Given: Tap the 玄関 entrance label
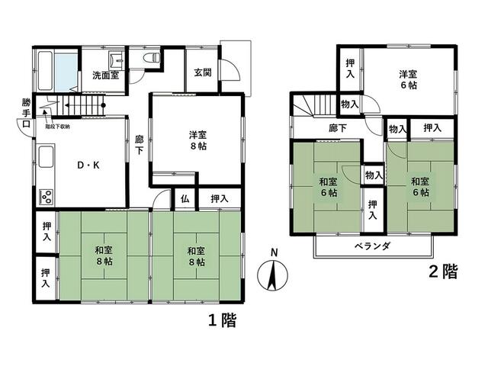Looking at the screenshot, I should (202, 72).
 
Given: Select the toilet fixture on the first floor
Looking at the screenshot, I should (151, 58).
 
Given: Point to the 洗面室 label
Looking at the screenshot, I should (105, 75).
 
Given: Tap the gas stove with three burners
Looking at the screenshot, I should (45, 197).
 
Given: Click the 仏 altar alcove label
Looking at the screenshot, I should (185, 197).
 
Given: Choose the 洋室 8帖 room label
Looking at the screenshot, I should (197, 142).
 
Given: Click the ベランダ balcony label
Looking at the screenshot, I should (373, 246).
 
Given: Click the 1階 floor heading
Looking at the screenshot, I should (221, 321).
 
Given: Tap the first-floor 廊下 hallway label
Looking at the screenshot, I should (139, 145).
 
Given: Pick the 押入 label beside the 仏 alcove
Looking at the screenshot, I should (220, 198).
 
